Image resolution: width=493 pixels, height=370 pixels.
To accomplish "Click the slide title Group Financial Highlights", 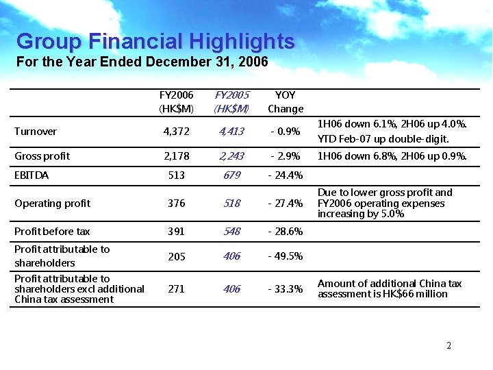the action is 155,42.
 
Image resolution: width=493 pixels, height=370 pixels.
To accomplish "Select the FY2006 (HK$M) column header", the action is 176,102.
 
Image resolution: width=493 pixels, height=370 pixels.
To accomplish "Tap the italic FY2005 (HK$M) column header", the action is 231,102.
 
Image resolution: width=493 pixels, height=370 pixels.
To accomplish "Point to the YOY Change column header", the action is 286,102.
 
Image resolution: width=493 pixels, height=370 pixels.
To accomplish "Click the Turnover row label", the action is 36,131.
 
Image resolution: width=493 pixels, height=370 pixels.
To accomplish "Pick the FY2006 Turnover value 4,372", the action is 177,132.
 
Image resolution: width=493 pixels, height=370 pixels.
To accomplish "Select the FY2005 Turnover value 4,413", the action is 231,132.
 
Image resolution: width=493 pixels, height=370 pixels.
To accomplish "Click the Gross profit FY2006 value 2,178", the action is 177,156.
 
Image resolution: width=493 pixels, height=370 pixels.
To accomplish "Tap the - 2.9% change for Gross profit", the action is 286,156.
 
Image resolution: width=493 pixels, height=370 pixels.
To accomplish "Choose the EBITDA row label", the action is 31,175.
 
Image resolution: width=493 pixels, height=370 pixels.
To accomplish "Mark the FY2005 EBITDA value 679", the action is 232,175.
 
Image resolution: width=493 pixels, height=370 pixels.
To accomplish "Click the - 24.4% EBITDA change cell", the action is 286,175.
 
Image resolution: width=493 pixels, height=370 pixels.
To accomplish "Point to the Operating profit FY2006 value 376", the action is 177,203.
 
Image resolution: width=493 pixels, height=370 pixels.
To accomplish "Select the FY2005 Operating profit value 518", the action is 232,203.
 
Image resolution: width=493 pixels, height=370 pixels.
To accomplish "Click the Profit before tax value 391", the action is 176,232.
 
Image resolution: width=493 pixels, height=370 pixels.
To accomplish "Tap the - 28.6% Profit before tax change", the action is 286,232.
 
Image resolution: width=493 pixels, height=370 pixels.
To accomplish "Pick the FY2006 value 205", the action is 177,257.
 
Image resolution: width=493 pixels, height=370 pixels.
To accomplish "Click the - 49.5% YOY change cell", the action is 286,256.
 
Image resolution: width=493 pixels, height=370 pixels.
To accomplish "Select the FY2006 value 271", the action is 176,289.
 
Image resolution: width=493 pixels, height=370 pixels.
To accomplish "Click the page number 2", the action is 448,346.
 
